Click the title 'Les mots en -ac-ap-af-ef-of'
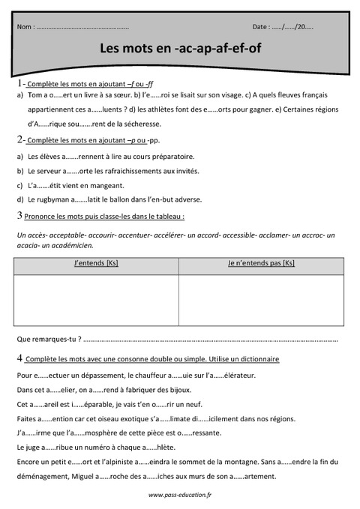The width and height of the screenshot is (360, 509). [x=181, y=49]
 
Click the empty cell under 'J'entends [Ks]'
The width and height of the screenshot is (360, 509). [x=96, y=301]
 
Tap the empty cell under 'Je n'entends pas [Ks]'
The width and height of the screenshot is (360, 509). [x=261, y=301]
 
